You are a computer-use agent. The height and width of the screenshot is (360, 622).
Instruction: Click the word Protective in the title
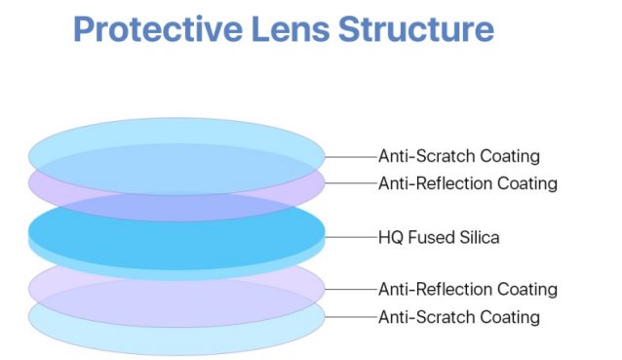point(155,28)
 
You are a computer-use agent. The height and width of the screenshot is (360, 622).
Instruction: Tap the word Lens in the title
point(289,28)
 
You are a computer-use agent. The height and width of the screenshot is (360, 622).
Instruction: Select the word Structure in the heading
point(416,28)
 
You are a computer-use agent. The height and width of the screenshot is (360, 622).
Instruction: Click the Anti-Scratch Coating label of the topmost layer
point(458,156)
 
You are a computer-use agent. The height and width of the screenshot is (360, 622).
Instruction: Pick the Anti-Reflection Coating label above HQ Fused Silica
point(467,183)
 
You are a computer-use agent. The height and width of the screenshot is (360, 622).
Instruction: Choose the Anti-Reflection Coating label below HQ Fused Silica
point(467,290)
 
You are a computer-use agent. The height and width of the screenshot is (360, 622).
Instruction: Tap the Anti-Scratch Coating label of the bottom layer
point(458,317)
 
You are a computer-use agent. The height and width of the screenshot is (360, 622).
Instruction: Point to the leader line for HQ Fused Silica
point(350,236)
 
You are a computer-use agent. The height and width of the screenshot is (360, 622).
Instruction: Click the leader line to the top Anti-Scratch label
point(350,156)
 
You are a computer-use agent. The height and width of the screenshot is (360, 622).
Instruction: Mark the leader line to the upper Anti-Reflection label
point(350,183)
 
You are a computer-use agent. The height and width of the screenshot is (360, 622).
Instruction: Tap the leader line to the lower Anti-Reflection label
point(350,290)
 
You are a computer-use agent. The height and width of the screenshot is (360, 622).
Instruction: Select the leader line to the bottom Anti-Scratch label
point(350,317)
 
